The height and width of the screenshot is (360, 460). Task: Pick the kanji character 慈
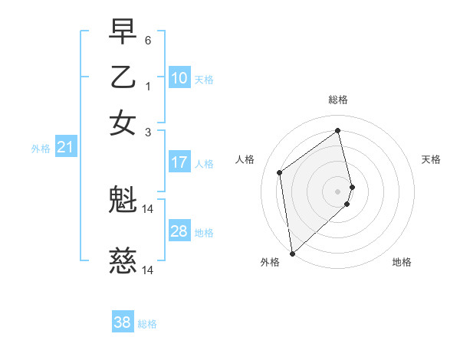click(x=123, y=262)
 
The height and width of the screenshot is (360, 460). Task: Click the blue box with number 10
click(x=179, y=78)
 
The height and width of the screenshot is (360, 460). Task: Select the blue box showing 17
click(x=179, y=162)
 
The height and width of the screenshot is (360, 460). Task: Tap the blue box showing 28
click(x=179, y=231)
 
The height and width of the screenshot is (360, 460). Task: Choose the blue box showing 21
click(x=64, y=147)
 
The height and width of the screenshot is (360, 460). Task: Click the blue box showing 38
click(x=122, y=322)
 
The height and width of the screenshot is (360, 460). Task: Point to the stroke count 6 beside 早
click(x=147, y=40)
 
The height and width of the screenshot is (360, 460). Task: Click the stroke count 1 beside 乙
click(x=147, y=86)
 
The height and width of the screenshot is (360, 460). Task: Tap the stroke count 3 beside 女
click(x=147, y=132)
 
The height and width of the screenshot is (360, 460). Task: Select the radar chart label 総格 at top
click(x=338, y=100)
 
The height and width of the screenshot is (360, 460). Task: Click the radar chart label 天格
click(x=432, y=159)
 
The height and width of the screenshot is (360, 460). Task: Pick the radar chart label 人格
click(x=245, y=159)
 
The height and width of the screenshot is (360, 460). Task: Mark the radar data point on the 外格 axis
click(x=292, y=253)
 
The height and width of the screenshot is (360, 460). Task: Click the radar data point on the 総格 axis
click(x=338, y=131)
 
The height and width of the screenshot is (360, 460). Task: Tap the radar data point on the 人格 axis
click(x=280, y=172)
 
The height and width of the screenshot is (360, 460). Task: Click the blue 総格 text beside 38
click(x=147, y=324)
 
